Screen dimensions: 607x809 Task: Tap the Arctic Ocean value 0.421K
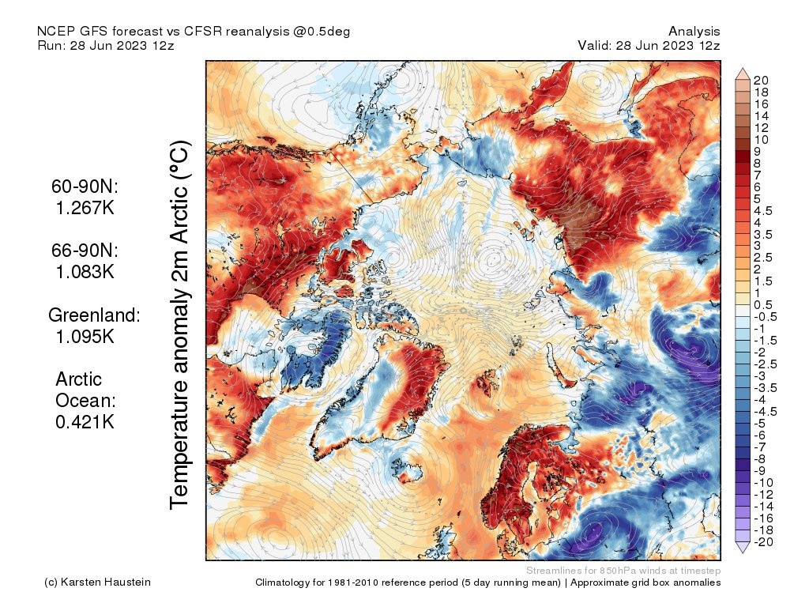[x=85, y=421]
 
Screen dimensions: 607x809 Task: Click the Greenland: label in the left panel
[x=94, y=315]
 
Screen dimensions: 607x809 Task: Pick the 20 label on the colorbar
[x=762, y=80]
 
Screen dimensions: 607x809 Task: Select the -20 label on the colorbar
[x=763, y=541]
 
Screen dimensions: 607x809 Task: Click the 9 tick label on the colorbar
[x=758, y=151]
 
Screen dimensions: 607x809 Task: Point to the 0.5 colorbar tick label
[x=763, y=305]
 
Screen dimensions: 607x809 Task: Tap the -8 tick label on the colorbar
[x=760, y=458]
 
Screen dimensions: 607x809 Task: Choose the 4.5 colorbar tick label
[x=763, y=210]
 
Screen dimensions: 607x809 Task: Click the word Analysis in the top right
[x=694, y=31]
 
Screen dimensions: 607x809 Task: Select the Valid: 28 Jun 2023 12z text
[x=649, y=45]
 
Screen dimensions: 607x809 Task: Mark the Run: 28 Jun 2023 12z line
[x=105, y=45]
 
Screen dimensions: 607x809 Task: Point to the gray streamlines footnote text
[x=623, y=571]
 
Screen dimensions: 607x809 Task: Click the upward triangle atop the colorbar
[x=743, y=74]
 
